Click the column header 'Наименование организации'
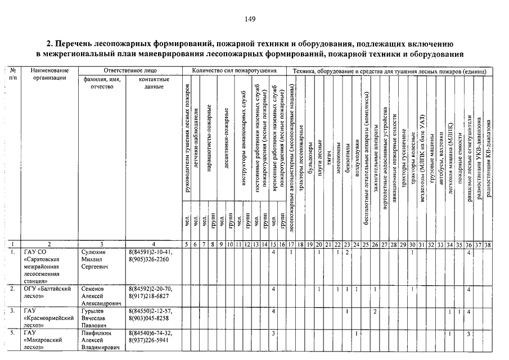pyautogui.click(x=49, y=74)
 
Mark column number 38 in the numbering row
pyautogui.click(x=489, y=245)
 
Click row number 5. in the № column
pyautogui.click(x=12, y=333)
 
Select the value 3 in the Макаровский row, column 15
pyautogui.click(x=273, y=333)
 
